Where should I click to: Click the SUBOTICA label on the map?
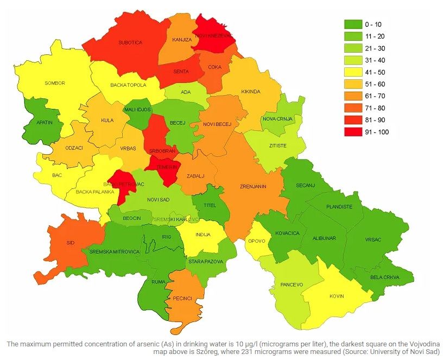(x=130, y=42)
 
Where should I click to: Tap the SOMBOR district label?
(x=55, y=83)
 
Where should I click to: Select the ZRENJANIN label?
(x=253, y=186)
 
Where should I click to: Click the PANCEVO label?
(x=292, y=285)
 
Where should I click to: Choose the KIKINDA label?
(x=251, y=91)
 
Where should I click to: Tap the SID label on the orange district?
(x=70, y=243)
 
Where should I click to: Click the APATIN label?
(x=45, y=122)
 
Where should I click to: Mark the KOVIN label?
(x=337, y=296)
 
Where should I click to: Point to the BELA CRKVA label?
(x=385, y=277)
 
